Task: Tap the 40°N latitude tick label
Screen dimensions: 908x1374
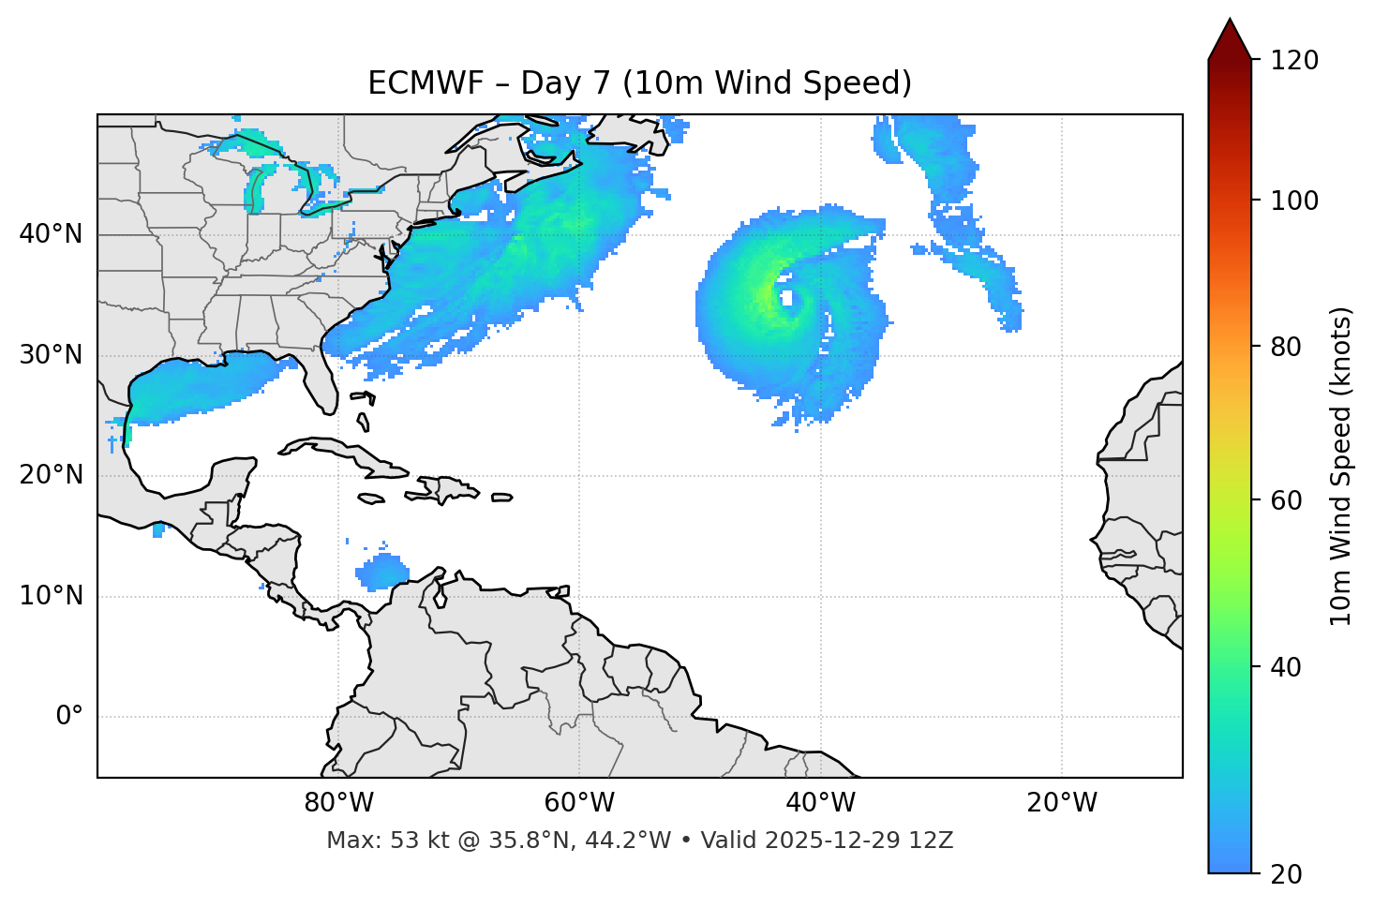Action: click(x=51, y=234)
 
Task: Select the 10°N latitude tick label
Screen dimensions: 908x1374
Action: click(x=51, y=596)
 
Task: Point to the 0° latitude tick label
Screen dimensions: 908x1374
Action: click(x=69, y=717)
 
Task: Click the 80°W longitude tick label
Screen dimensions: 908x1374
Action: click(x=338, y=803)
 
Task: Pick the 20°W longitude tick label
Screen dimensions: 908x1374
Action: click(x=1062, y=803)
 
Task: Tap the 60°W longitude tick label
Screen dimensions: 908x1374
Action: click(x=579, y=803)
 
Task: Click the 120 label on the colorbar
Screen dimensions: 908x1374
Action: click(x=1294, y=61)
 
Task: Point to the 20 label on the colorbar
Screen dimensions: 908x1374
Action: click(x=1287, y=874)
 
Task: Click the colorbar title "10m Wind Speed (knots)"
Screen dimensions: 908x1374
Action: click(x=1341, y=466)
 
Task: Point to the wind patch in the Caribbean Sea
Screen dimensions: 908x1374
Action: click(x=382, y=572)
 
